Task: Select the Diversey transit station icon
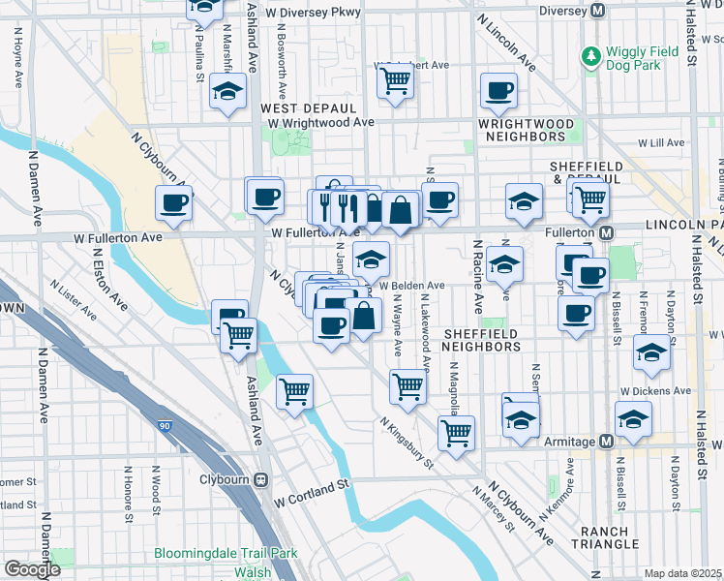pos(598,12)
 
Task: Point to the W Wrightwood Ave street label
pos(321,123)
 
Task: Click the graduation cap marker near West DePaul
pos(227,93)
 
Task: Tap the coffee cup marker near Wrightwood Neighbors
pos(498,91)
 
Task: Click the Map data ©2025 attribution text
pos(683,573)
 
